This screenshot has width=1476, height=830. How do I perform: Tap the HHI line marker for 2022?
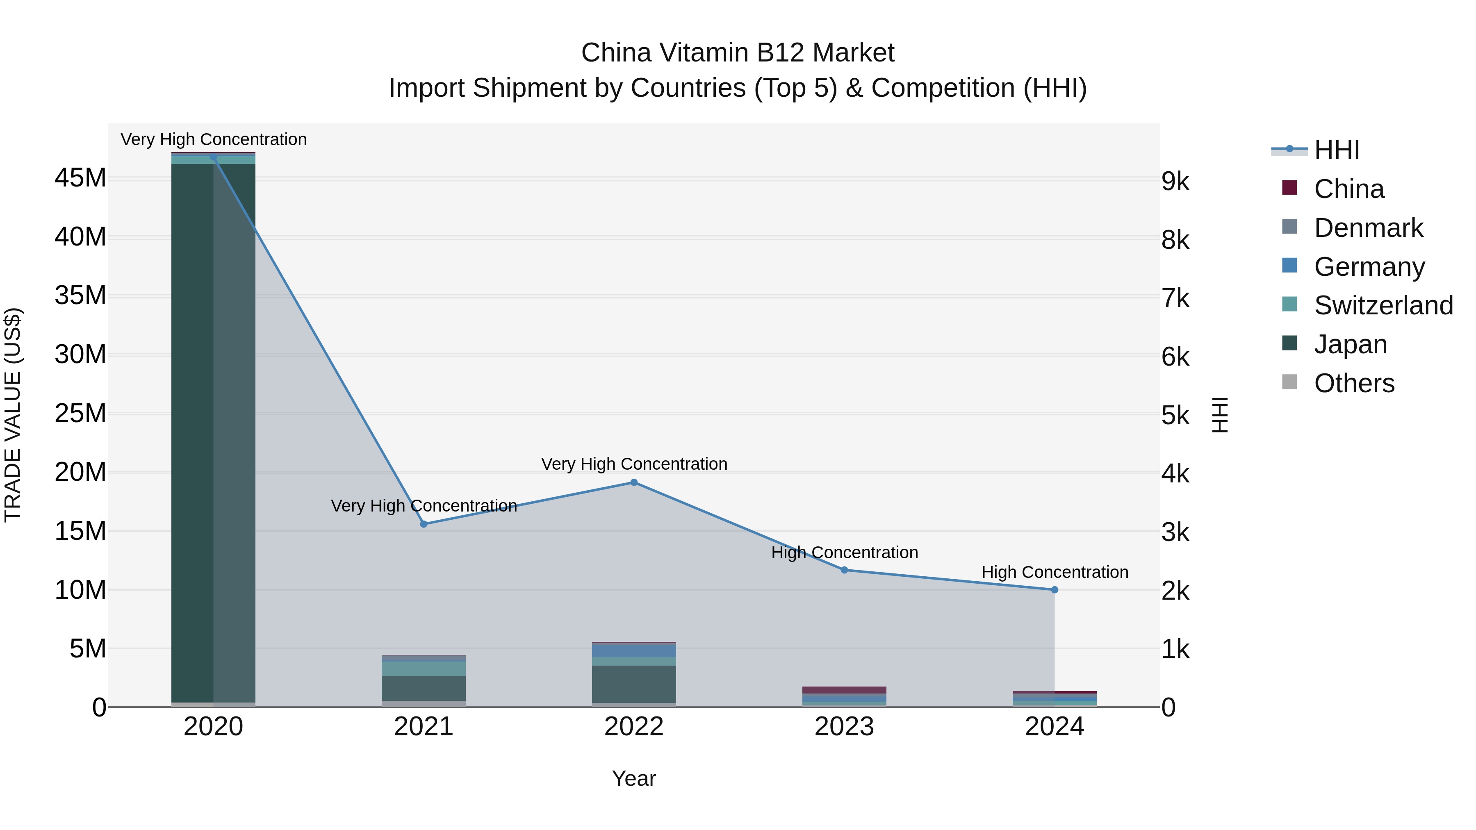[x=634, y=482]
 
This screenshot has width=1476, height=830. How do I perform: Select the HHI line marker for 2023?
[x=844, y=570]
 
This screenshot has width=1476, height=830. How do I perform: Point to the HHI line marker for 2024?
[x=1054, y=589]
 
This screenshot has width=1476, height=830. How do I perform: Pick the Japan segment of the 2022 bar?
[x=634, y=684]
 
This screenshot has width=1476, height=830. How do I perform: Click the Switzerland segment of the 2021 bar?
[x=424, y=669]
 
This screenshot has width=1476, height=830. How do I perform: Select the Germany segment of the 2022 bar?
[x=634, y=650]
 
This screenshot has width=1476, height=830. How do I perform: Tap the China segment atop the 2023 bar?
[x=844, y=690]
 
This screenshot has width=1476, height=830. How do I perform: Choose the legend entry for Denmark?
[x=1368, y=228]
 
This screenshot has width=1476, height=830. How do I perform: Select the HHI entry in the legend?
[x=1336, y=150]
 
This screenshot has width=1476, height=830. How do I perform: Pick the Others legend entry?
[x=1353, y=383]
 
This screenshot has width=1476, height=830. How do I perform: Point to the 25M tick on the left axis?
[x=80, y=413]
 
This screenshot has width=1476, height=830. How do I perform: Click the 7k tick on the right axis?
[x=1175, y=298]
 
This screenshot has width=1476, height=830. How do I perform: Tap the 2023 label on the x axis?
[x=844, y=727]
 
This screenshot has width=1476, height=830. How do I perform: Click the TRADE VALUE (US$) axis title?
[x=13, y=415]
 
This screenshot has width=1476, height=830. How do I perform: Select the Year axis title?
[x=634, y=778]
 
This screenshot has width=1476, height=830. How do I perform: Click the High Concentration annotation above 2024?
[x=1054, y=572]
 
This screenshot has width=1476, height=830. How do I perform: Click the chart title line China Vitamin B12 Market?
[x=738, y=53]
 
